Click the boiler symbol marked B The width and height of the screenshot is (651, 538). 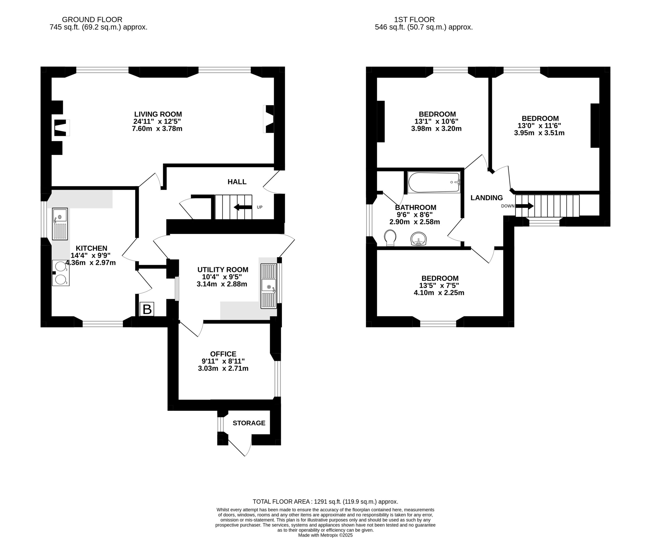[x=147, y=309]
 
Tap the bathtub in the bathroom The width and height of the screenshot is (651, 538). [x=434, y=182]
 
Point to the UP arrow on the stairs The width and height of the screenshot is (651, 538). [x=243, y=207]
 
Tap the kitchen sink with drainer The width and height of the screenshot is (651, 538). [x=60, y=224]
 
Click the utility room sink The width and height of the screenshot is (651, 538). [x=269, y=286]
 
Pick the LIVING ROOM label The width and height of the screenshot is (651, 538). [x=158, y=114]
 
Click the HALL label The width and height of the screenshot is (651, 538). [x=237, y=182]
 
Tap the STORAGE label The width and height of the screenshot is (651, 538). [x=249, y=423]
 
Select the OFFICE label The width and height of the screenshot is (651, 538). [x=223, y=354]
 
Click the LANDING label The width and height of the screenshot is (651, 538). [x=486, y=198]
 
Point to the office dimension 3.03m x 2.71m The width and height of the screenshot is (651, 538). [x=223, y=369]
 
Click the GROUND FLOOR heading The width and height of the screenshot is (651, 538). [x=92, y=20]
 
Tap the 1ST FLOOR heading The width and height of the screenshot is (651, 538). [x=415, y=20]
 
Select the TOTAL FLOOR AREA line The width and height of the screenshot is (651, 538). [x=325, y=501]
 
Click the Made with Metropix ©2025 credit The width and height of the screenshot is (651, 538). [x=325, y=535]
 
